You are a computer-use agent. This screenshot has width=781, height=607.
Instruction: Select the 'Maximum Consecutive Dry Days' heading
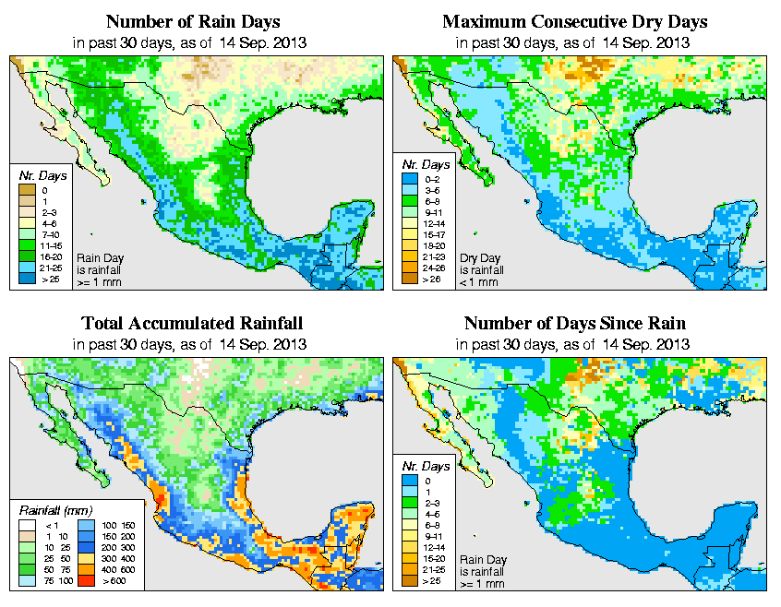[574, 21]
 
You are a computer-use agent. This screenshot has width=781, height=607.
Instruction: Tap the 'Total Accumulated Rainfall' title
[192, 324]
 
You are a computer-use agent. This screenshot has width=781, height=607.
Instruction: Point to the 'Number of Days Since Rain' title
[574, 324]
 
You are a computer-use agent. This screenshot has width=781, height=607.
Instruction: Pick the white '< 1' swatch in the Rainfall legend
[27, 525]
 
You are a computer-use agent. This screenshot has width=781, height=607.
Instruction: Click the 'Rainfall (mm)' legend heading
[54, 510]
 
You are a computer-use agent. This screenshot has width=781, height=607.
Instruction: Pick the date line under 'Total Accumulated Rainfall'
[192, 344]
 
